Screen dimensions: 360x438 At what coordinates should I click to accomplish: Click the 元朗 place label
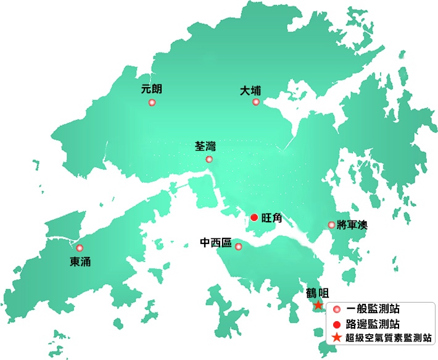(x=151, y=89)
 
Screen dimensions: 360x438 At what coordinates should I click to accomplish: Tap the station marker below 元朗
(x=152, y=103)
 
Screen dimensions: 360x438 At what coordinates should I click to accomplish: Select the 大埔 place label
(x=250, y=91)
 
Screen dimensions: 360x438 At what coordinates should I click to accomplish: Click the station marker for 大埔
(x=256, y=102)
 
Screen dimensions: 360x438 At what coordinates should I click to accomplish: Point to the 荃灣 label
(x=205, y=146)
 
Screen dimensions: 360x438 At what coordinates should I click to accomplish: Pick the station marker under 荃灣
(x=209, y=160)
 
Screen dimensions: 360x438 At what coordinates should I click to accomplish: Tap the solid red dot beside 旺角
(x=254, y=217)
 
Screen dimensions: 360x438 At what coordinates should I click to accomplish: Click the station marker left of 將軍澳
(x=332, y=225)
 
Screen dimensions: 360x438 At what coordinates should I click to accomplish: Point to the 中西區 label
(x=216, y=243)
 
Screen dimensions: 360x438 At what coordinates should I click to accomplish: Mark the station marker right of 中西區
(x=239, y=247)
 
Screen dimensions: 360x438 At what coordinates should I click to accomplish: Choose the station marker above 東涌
(x=80, y=248)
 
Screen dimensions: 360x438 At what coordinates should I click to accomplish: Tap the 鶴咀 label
(x=318, y=293)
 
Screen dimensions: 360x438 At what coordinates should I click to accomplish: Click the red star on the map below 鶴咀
(x=318, y=305)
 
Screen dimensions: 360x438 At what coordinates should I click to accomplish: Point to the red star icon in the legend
(x=336, y=338)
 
